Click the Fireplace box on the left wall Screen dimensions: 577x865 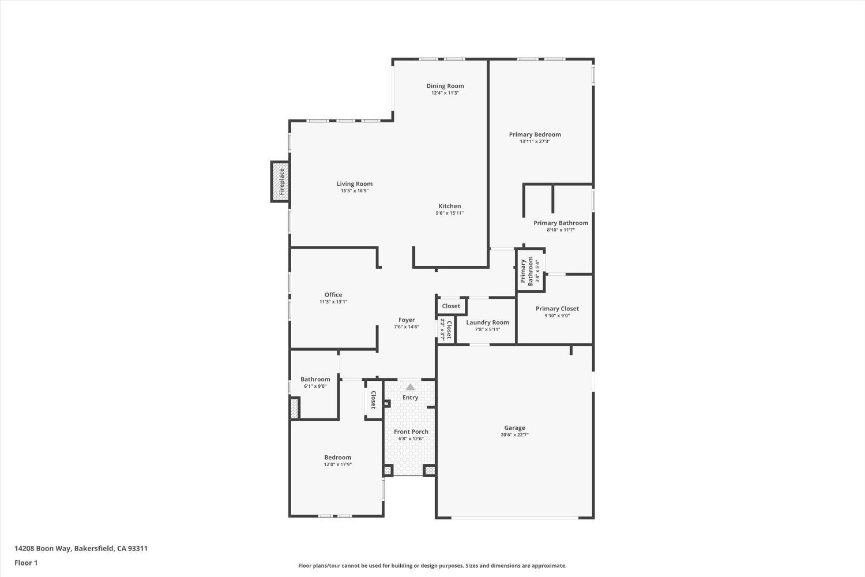pyautogui.click(x=281, y=182)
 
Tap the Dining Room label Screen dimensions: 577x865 pyautogui.click(x=445, y=86)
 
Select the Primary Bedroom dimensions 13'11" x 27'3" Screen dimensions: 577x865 pyautogui.click(x=535, y=141)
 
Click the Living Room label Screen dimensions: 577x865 pyautogui.click(x=355, y=184)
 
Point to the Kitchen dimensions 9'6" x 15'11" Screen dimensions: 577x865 pyautogui.click(x=449, y=213)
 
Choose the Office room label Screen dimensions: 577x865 pyautogui.click(x=333, y=295)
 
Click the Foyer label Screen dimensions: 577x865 pyautogui.click(x=407, y=320)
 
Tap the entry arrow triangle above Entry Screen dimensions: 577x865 pyautogui.click(x=410, y=387)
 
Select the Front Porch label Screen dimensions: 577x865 pyautogui.click(x=411, y=432)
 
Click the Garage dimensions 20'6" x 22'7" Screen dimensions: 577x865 pyautogui.click(x=514, y=435)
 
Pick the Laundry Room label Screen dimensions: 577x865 pyautogui.click(x=487, y=323)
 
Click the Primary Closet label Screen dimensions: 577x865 pyautogui.click(x=557, y=309)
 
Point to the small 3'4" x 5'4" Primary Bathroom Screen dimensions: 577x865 pyautogui.click(x=530, y=271)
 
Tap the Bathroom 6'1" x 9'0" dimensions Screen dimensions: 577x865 pyautogui.click(x=315, y=387)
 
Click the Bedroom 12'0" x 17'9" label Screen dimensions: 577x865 pyautogui.click(x=337, y=458)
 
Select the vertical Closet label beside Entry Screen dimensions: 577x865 pyautogui.click(x=373, y=399)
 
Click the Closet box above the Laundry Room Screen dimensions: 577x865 pyautogui.click(x=451, y=306)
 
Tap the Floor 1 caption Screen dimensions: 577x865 pyautogui.click(x=26, y=563)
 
